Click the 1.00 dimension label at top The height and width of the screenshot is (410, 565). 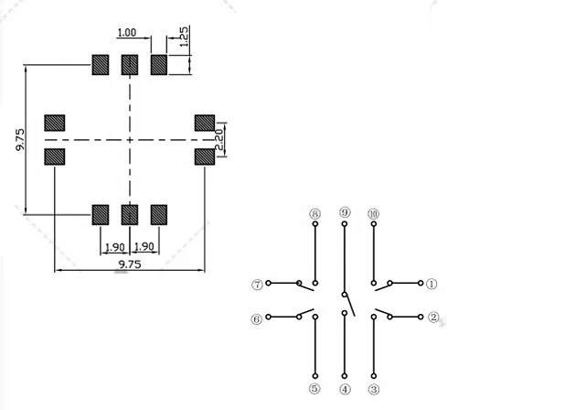pyautogui.click(x=126, y=33)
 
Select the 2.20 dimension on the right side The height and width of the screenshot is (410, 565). pyautogui.click(x=219, y=139)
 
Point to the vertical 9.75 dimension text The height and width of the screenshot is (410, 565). pyautogui.click(x=20, y=140)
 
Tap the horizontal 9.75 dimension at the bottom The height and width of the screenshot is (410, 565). pyautogui.click(x=130, y=264)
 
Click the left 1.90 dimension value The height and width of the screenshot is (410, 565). pyautogui.click(x=115, y=247)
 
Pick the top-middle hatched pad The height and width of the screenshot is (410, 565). pyautogui.click(x=130, y=65)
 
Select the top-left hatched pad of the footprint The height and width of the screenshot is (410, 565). pyautogui.click(x=101, y=65)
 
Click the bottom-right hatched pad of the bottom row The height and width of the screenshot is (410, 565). pyautogui.click(x=159, y=215)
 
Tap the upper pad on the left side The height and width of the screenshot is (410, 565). pyautogui.click(x=56, y=124)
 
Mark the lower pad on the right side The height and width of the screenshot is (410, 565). pyautogui.click(x=204, y=156)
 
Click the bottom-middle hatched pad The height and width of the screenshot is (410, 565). pyautogui.click(x=130, y=215)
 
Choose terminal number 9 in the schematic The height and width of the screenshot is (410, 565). pyautogui.click(x=345, y=212)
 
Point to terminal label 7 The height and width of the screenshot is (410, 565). pyautogui.click(x=257, y=285)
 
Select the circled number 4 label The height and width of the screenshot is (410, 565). pyautogui.click(x=345, y=389)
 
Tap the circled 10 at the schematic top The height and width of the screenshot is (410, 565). pyautogui.click(x=373, y=213)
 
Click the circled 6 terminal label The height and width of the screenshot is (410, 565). pyautogui.click(x=257, y=319)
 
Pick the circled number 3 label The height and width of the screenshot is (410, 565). pyautogui.click(x=374, y=389)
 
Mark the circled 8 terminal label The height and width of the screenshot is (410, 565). pyautogui.click(x=315, y=214)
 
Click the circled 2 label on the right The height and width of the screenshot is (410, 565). pyautogui.click(x=433, y=318)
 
